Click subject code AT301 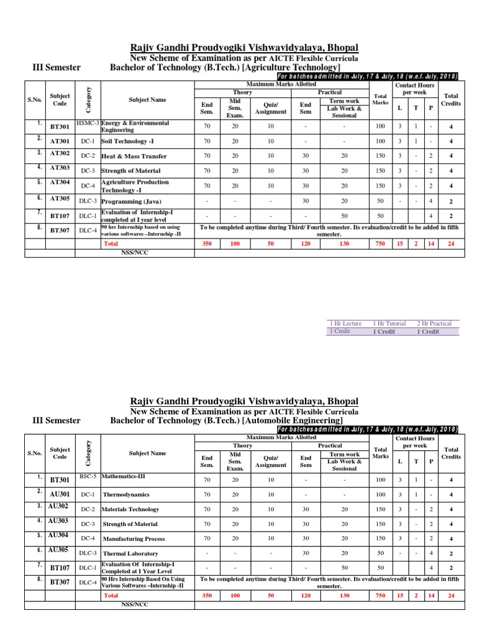pyautogui.click(x=60, y=141)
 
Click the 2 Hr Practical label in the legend pyautogui.click(x=434, y=324)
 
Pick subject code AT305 pyautogui.click(x=60, y=198)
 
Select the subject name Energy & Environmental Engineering pyautogui.click(x=134, y=127)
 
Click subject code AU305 pyautogui.click(x=58, y=550)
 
